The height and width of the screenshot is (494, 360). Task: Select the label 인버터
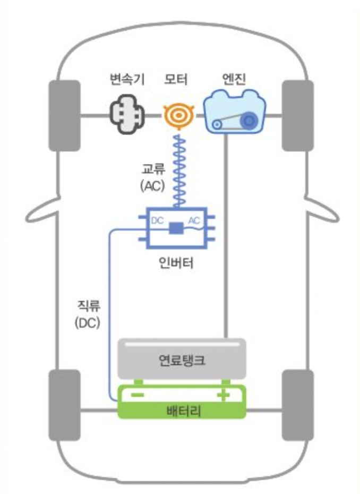coord(176,262)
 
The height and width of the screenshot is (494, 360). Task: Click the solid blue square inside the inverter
coord(176,229)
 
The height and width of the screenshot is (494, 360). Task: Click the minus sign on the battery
coord(137,396)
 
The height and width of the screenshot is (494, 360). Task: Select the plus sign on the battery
coord(224,396)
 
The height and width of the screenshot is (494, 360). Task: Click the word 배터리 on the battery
coord(181,411)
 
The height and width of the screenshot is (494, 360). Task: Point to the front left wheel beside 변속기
coord(64,115)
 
